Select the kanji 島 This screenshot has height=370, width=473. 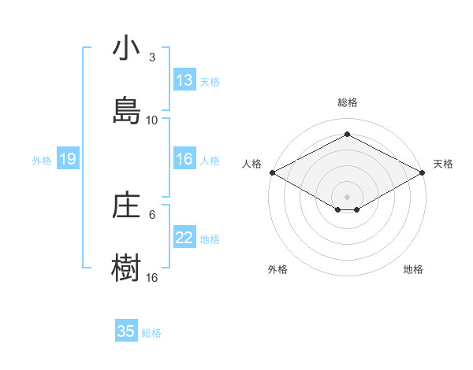click(125, 110)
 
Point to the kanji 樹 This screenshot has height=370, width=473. click(125, 268)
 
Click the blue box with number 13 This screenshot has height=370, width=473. click(184, 80)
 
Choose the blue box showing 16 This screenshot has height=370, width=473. click(184, 159)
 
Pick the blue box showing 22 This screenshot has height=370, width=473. click(184, 238)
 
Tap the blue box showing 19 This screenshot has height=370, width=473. click(68, 160)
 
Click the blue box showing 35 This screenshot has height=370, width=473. click(126, 331)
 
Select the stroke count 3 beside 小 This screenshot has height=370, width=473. click(152, 57)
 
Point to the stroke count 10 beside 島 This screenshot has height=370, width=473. click(152, 120)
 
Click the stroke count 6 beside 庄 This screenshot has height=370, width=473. click(152, 214)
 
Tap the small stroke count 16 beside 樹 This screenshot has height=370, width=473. click(152, 277)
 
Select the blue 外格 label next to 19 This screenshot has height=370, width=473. click(42, 161)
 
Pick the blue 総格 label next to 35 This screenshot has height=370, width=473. click(151, 333)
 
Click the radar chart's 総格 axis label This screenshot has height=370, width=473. click(347, 102)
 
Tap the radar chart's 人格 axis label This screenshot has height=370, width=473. click(252, 164)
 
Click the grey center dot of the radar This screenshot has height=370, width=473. click(347, 196)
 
